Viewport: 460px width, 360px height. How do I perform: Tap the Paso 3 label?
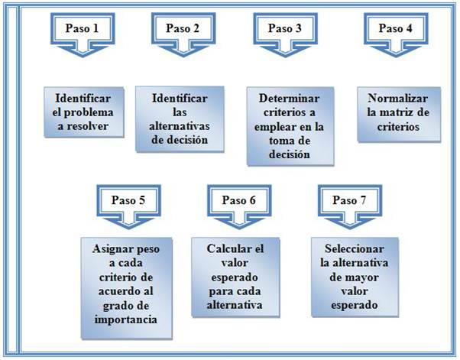tap(285, 29)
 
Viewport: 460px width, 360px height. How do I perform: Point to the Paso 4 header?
tap(395, 29)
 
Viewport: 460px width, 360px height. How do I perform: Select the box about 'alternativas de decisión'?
tap(180, 118)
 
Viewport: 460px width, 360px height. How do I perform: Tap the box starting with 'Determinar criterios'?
tap(285, 126)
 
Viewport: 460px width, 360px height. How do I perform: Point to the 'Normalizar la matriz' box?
tap(398, 112)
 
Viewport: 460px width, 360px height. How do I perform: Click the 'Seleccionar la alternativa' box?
tap(348, 277)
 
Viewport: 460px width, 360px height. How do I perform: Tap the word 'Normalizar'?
tap(398, 99)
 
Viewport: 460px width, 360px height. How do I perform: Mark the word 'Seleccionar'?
tap(349, 250)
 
